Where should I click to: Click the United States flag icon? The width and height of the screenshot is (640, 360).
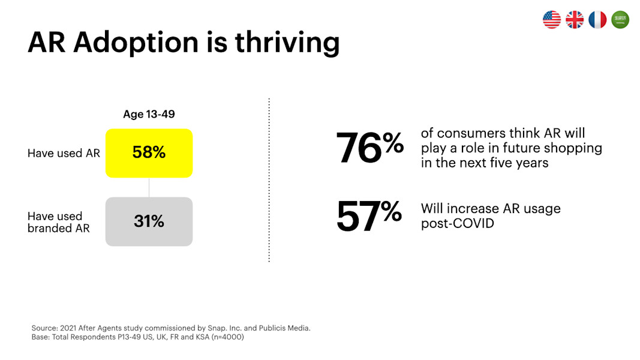pyautogui.click(x=551, y=19)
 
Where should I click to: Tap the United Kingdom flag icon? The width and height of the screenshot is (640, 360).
pyautogui.click(x=574, y=19)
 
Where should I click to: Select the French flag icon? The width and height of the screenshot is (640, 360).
pyautogui.click(x=597, y=19)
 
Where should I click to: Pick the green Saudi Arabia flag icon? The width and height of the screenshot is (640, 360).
pyautogui.click(x=620, y=19)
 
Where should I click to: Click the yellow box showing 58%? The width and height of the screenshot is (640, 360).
pyautogui.click(x=149, y=153)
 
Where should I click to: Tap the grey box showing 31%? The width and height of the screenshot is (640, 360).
pyautogui.click(x=149, y=221)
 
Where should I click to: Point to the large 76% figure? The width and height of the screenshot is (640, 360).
pyautogui.click(x=370, y=148)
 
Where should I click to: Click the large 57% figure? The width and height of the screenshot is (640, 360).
pyautogui.click(x=369, y=216)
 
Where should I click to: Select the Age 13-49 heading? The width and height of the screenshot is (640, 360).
pyautogui.click(x=149, y=114)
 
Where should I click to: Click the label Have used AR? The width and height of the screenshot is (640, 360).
pyautogui.click(x=64, y=153)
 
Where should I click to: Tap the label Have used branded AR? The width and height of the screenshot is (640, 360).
pyautogui.click(x=58, y=222)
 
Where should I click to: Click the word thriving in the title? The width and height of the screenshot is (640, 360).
pyautogui.click(x=287, y=43)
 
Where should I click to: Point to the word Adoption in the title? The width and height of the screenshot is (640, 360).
pyautogui.click(x=136, y=43)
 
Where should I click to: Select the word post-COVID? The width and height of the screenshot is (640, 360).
pyautogui.click(x=458, y=224)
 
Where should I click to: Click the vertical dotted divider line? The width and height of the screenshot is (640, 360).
pyautogui.click(x=269, y=179)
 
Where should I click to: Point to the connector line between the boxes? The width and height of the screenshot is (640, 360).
pyautogui.click(x=149, y=187)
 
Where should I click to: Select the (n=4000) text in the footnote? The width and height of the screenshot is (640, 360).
pyautogui.click(x=228, y=337)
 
